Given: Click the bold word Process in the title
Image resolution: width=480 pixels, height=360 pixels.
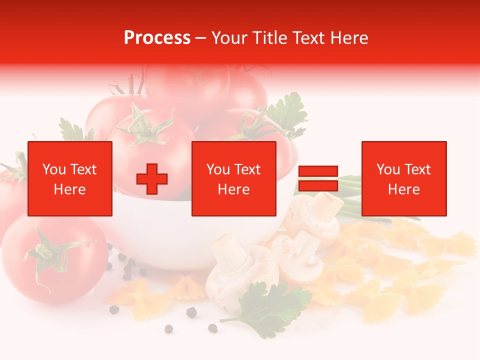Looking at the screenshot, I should [157, 38].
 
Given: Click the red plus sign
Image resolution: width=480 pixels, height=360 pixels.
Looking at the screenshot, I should [152, 178].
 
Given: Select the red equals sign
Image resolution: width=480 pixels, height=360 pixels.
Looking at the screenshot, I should [318, 178].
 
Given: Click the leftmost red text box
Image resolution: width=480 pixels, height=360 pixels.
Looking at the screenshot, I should [70, 178].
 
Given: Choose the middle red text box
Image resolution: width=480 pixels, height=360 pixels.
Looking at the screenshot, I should [234, 178].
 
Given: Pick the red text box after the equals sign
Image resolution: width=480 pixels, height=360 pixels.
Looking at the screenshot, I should [404, 178].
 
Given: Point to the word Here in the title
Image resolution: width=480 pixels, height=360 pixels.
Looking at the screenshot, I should [349, 38].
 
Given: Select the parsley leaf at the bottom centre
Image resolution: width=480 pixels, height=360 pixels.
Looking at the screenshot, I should [270, 305].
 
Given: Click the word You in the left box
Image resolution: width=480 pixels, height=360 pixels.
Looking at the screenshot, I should [53, 169].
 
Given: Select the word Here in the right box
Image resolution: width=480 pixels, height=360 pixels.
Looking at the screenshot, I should [404, 189].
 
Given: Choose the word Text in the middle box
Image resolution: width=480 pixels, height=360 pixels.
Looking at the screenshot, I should [247, 169].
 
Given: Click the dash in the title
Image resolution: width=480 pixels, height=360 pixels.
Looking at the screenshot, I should [201, 38].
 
